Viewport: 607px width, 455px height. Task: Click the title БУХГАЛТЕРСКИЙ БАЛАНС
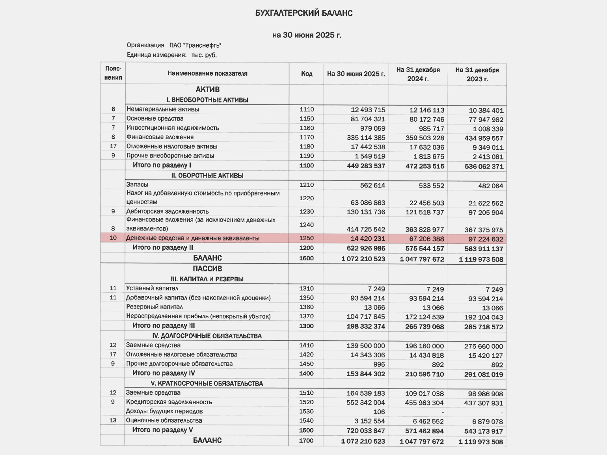click(303, 13)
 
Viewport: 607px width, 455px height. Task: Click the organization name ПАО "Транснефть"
click(195, 45)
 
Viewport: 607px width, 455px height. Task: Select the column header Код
click(307, 74)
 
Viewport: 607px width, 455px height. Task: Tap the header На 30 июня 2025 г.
click(356, 74)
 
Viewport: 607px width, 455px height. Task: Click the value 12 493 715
click(368, 110)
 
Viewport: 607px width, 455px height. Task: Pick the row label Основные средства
click(155, 119)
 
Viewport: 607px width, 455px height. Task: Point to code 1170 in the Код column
click(307, 137)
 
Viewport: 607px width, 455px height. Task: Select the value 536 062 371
click(484, 166)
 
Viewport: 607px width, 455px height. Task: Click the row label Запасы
click(137, 184)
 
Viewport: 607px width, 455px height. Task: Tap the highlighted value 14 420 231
click(368, 238)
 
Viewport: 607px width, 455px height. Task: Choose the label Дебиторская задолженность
click(168, 212)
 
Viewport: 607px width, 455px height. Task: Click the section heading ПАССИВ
click(207, 269)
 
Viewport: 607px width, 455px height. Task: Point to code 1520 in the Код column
click(306, 402)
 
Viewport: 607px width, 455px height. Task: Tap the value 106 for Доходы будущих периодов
click(379, 412)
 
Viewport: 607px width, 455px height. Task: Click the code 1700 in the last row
click(306, 440)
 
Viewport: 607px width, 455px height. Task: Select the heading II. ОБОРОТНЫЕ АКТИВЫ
click(207, 176)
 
